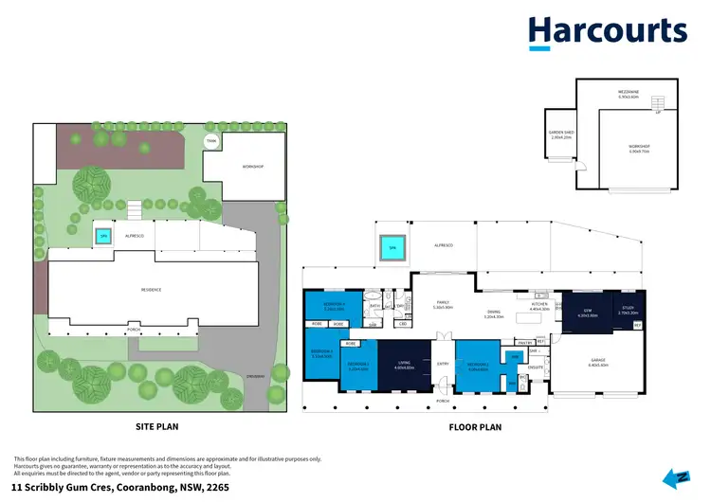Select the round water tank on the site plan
[211, 142]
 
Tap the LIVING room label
[403, 362]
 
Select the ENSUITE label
[536, 366]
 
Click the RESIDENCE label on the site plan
[152, 290]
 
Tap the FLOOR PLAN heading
[474, 427]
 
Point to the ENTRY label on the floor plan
[443, 364]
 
